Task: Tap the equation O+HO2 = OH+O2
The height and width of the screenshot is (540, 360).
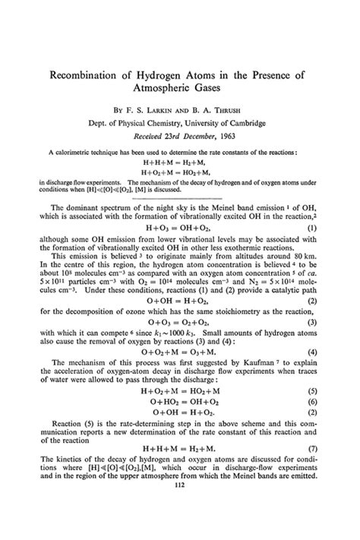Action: coord(180,400)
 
